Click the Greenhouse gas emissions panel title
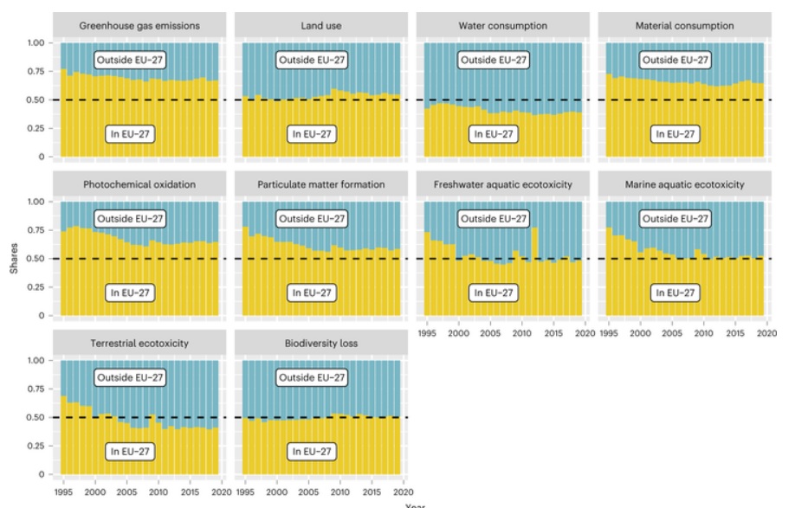140,26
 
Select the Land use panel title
322,26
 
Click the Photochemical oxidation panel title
140,184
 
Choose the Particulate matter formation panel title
322,184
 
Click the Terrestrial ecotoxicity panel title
140,343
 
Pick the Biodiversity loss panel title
322,343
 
